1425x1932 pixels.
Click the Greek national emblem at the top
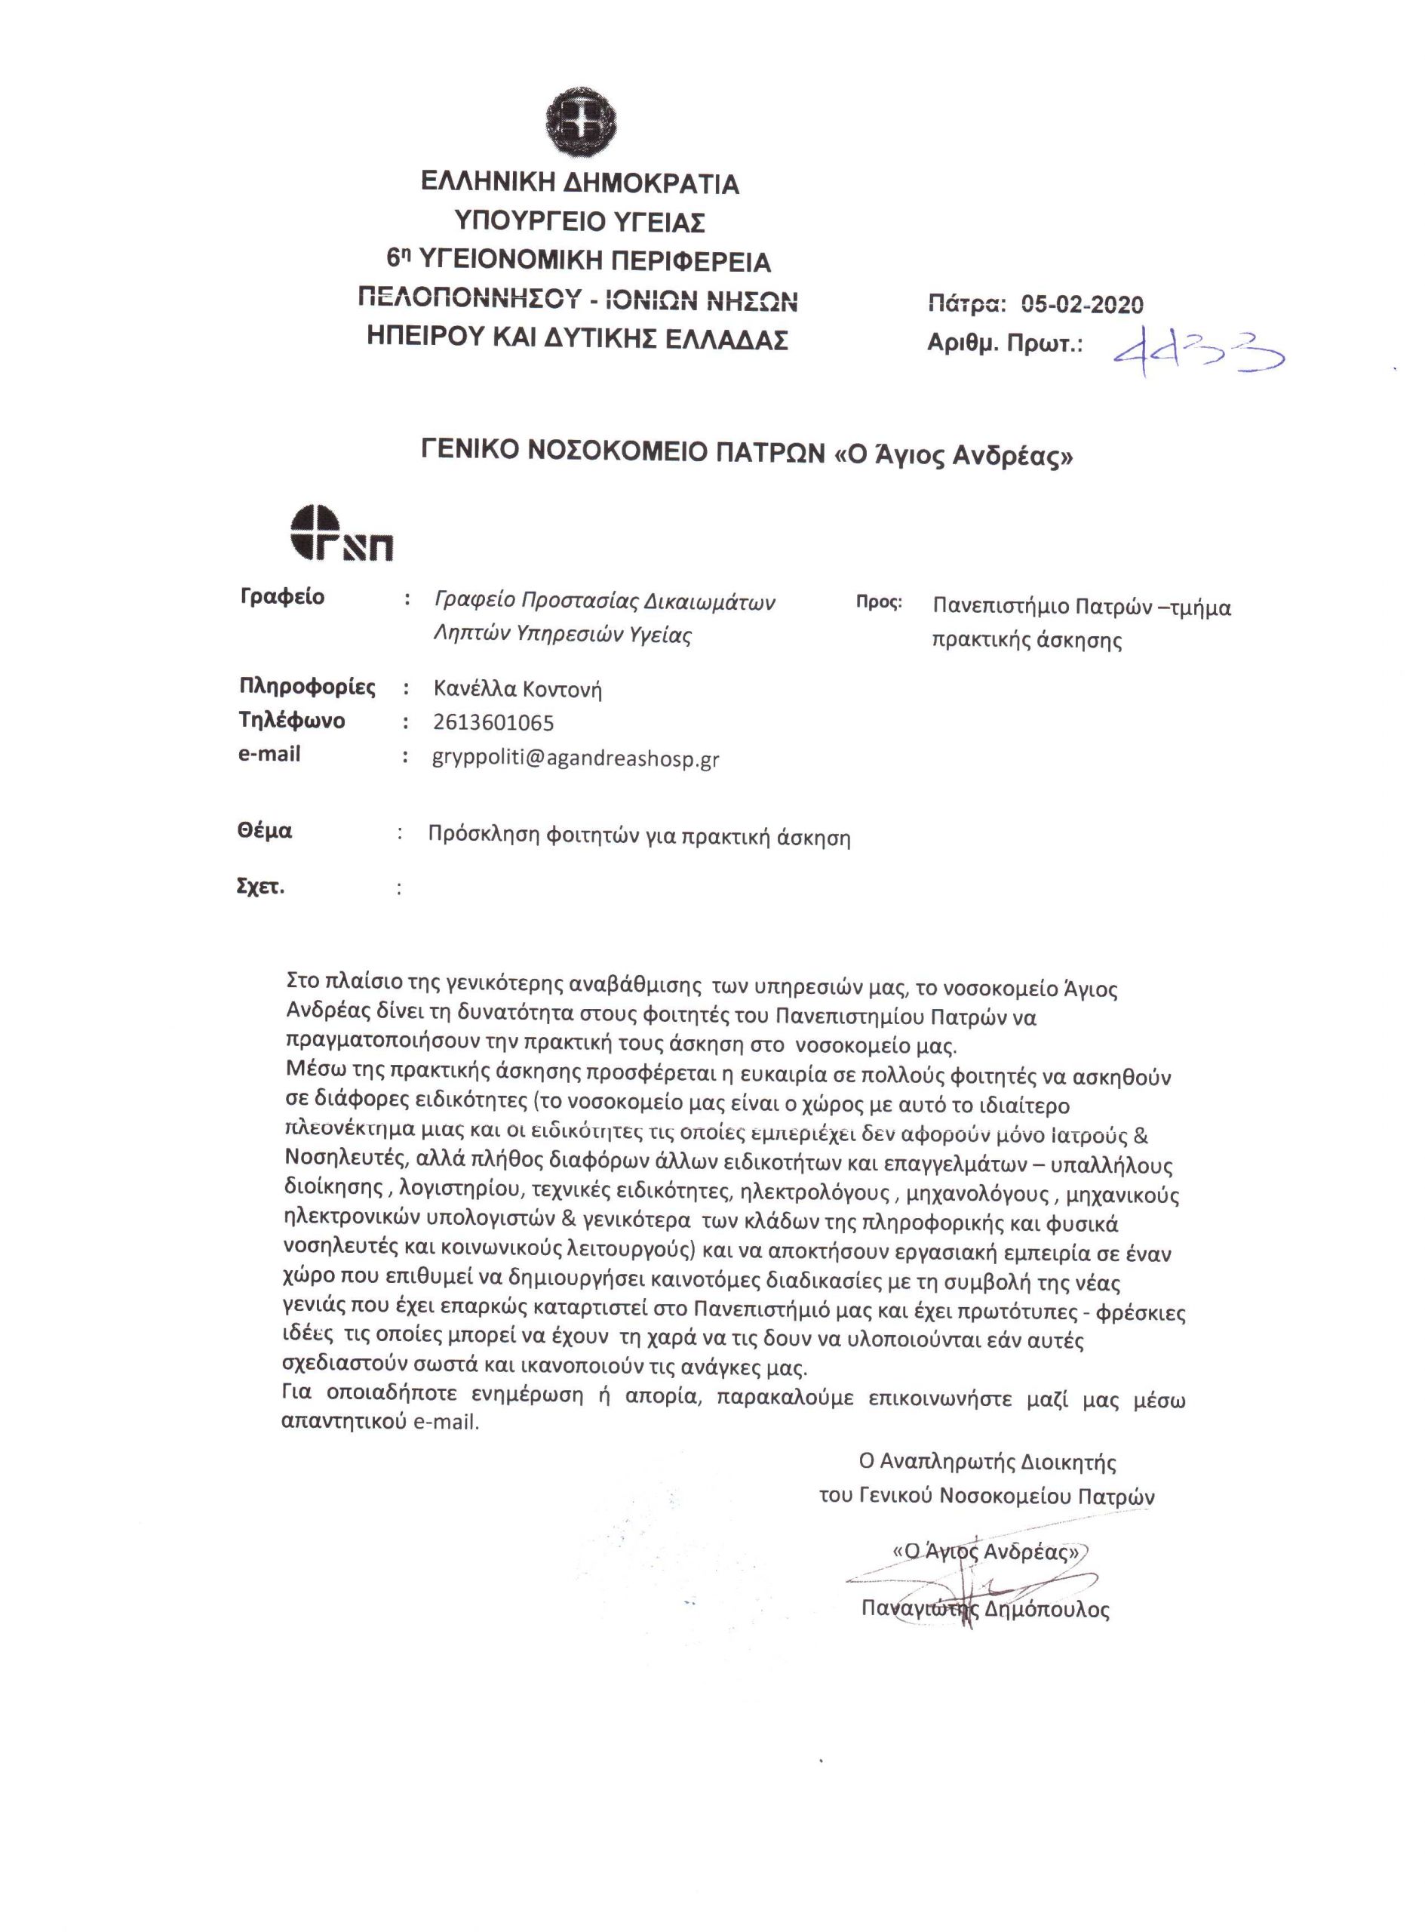click(579, 124)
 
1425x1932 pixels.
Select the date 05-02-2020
click(1083, 303)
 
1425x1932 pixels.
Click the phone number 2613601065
click(493, 722)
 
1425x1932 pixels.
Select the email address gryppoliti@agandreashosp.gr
click(576, 758)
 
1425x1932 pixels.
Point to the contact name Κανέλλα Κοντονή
click(517, 688)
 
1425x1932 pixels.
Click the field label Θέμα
click(265, 831)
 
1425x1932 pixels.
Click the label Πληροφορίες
click(307, 687)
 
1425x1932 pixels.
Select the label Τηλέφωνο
click(291, 721)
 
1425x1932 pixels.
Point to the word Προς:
click(879, 602)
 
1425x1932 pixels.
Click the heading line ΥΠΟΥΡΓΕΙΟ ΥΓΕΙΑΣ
click(579, 223)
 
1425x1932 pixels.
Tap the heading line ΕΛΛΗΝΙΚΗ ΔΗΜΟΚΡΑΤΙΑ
click(579, 184)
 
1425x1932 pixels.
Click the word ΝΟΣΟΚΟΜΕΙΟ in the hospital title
click(625, 453)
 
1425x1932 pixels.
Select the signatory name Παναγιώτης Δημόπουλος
click(985, 1608)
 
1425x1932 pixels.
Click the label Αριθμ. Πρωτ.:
click(1004, 344)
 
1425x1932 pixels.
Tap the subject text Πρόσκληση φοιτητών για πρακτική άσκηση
click(639, 836)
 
